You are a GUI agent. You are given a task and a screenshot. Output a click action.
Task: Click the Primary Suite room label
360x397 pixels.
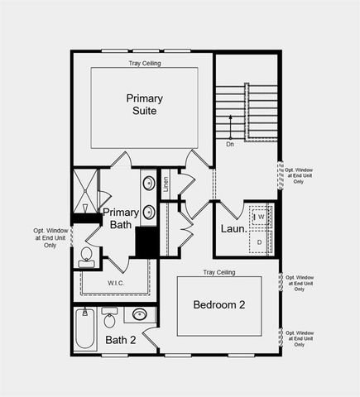tap(144, 104)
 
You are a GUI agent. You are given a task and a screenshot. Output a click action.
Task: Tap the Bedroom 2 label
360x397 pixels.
tap(219, 304)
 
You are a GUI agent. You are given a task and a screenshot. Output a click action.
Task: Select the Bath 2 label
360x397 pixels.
tap(120, 340)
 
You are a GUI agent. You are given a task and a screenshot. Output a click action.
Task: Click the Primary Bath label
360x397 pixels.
tap(120, 218)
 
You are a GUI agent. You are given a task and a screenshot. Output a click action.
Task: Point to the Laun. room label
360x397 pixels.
tap(233, 228)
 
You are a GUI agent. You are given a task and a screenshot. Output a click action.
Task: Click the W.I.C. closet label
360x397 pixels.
tap(116, 283)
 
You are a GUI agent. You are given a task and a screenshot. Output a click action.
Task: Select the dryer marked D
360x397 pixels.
tap(259, 241)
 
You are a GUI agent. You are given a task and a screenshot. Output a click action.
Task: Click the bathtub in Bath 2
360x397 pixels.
tap(83, 329)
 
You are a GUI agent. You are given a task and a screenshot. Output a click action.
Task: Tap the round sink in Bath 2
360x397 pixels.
tap(140, 314)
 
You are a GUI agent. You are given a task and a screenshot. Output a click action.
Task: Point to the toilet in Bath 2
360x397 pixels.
tap(109, 318)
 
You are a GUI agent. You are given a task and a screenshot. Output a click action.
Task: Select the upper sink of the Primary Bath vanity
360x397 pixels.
tap(148, 183)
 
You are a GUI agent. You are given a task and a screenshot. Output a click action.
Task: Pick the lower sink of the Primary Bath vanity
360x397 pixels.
tap(148, 211)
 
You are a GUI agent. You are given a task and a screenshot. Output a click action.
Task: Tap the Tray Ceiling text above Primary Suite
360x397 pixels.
tap(146, 63)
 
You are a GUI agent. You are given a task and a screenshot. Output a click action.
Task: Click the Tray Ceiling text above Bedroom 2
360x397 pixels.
tap(219, 272)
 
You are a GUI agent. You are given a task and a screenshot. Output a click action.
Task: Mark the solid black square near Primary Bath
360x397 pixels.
tap(146, 242)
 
